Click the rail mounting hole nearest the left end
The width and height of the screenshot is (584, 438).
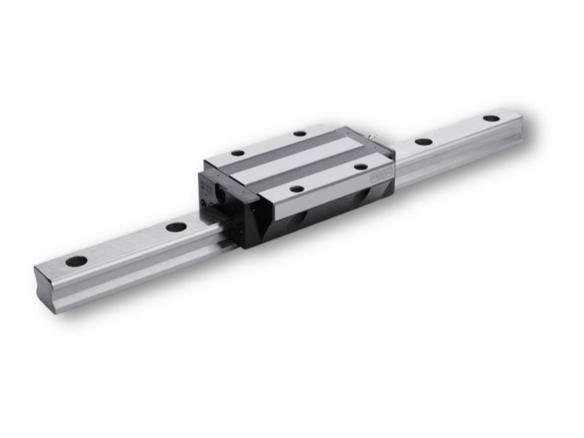76,261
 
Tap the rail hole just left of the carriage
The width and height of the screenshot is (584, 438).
175,226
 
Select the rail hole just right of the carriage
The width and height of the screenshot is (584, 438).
423,142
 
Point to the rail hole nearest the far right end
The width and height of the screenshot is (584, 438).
491,118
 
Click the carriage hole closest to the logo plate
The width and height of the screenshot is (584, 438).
361,166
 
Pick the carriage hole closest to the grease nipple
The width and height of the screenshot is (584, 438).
299,134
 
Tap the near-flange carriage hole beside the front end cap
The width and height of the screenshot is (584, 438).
296,189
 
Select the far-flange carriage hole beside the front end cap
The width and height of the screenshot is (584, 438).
237,153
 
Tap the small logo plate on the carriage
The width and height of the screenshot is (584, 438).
381,176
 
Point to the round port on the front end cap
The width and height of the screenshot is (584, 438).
217,193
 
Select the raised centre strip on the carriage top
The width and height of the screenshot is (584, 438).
299,161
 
